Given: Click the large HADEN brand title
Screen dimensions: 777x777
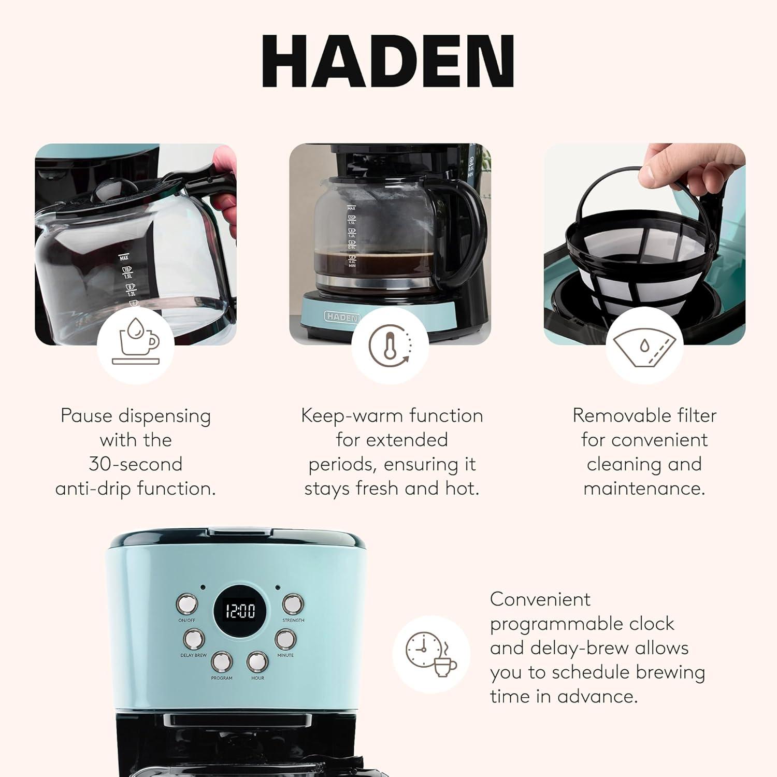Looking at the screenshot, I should pos(388,61).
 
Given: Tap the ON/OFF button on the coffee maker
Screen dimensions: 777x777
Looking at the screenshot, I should pos(187,603).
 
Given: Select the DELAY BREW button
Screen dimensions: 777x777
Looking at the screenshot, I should pos(193,639).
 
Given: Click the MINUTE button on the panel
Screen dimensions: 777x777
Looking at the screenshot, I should pos(285,639).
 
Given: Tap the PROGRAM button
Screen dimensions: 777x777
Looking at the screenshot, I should pos(221,661).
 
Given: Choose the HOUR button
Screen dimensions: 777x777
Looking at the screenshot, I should pos(257,661).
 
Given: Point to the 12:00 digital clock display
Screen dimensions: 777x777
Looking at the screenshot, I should pos(241,611).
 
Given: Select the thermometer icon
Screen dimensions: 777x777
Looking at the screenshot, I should pos(390,344).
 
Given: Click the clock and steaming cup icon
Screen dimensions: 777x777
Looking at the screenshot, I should pos(431,654).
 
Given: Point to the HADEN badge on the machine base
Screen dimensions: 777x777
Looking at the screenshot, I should pos(342,316).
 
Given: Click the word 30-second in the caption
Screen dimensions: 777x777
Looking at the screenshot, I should pos(136,464).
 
